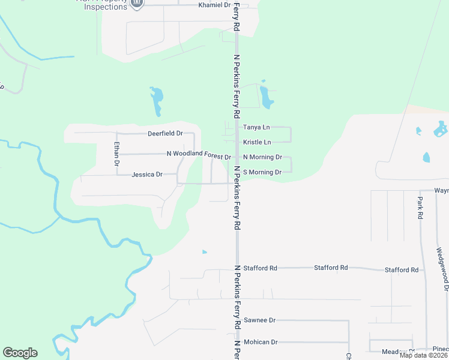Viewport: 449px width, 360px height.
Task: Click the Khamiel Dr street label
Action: tap(214, 5)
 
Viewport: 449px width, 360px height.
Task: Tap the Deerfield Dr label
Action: tap(165, 133)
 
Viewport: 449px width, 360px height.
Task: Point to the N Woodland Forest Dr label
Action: tap(199, 154)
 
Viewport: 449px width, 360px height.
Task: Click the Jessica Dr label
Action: tap(147, 175)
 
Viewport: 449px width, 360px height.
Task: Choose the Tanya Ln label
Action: tap(256, 127)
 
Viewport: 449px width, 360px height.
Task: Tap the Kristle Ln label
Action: tap(257, 142)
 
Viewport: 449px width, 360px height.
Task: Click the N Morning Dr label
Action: tap(262, 157)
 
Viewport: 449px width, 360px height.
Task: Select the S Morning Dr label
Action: tap(262, 172)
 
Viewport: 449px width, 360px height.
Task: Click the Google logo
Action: tap(20, 353)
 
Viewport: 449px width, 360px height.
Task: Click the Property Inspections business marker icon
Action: tap(137, 4)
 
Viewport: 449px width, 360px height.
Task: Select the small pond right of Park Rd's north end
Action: tap(426, 158)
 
